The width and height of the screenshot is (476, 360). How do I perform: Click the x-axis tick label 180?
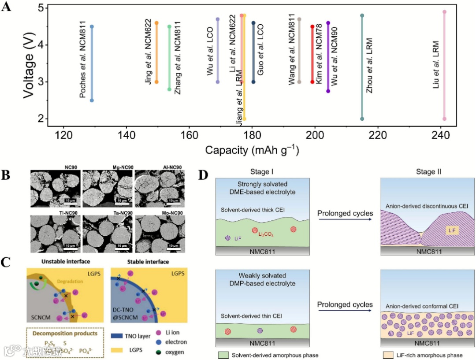click(252, 136)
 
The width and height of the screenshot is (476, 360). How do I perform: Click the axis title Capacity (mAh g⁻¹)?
click(252, 150)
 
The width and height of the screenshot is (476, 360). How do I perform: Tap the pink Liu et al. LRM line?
click(444, 66)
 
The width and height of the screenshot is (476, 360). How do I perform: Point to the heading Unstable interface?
click(63, 261)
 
